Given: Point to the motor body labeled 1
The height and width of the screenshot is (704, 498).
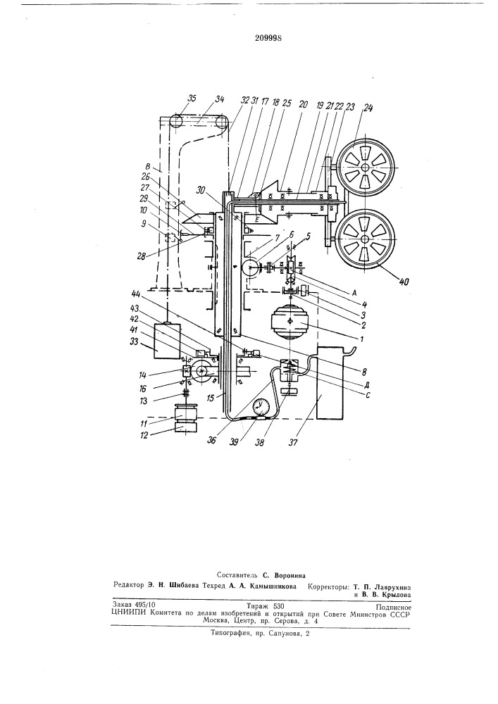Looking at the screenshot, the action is [290, 322].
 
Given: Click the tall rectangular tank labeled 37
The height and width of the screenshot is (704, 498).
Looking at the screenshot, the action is [330, 383].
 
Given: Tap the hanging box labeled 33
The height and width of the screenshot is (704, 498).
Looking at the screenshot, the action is [167, 341].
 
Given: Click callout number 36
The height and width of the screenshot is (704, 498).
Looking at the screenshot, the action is [211, 441].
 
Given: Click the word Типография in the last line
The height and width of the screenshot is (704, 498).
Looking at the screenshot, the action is [230, 634].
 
